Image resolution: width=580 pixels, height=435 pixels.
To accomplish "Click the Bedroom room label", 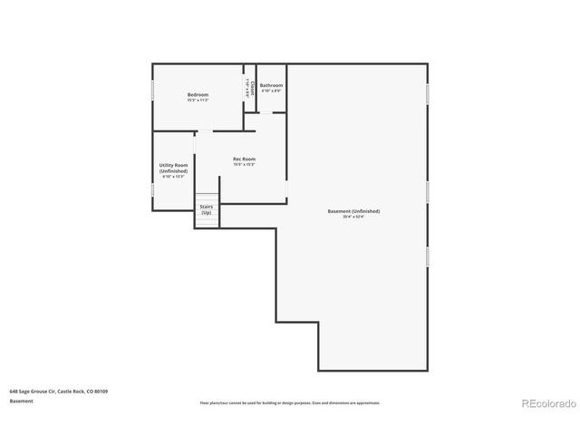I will pos(198,95).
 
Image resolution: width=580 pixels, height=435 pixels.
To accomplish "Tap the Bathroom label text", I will pos(271,85).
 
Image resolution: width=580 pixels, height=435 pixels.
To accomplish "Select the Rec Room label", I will pos(244,159).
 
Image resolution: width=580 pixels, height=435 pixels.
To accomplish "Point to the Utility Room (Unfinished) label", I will pos(173,168).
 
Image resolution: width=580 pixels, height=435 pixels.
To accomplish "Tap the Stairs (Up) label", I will pos(207,208).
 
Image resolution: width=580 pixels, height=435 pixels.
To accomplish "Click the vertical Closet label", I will pos(252,89).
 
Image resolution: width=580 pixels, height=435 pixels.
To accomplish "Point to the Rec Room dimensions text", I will pos(244,165).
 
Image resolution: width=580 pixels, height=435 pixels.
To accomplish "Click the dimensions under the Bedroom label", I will pos(198,101).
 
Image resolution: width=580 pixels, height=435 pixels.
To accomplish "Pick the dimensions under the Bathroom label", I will pos(271,91).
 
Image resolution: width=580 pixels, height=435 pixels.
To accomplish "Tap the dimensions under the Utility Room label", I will pos(173,177).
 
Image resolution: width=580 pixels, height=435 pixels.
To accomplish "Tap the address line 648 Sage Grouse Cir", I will pos(59,391).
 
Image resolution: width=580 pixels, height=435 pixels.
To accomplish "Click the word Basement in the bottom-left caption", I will pos(22,401).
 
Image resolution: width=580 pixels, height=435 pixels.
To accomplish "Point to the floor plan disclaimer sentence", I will pos(290,402).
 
